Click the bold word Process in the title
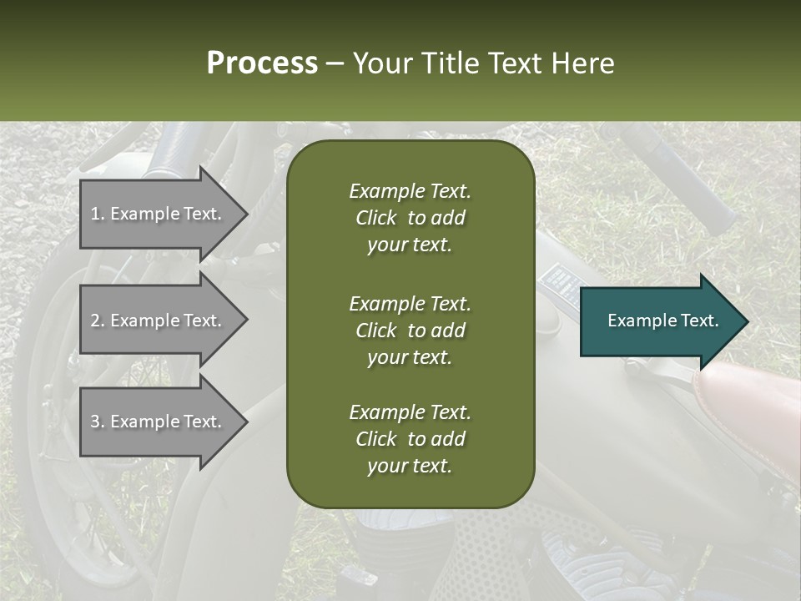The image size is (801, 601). coord(262,63)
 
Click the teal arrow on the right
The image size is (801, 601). coord(663,321)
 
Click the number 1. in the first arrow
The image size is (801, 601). coord(98,214)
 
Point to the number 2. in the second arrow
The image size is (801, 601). coord(98,321)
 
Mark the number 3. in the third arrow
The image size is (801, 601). coord(98,422)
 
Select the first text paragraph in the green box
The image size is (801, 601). coord(410,218)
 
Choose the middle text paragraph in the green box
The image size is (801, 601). coord(410,331)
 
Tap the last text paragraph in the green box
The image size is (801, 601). coord(410,439)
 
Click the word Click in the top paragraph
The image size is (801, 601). coord(375,219)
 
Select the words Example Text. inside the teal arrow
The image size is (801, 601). coord(663,321)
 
